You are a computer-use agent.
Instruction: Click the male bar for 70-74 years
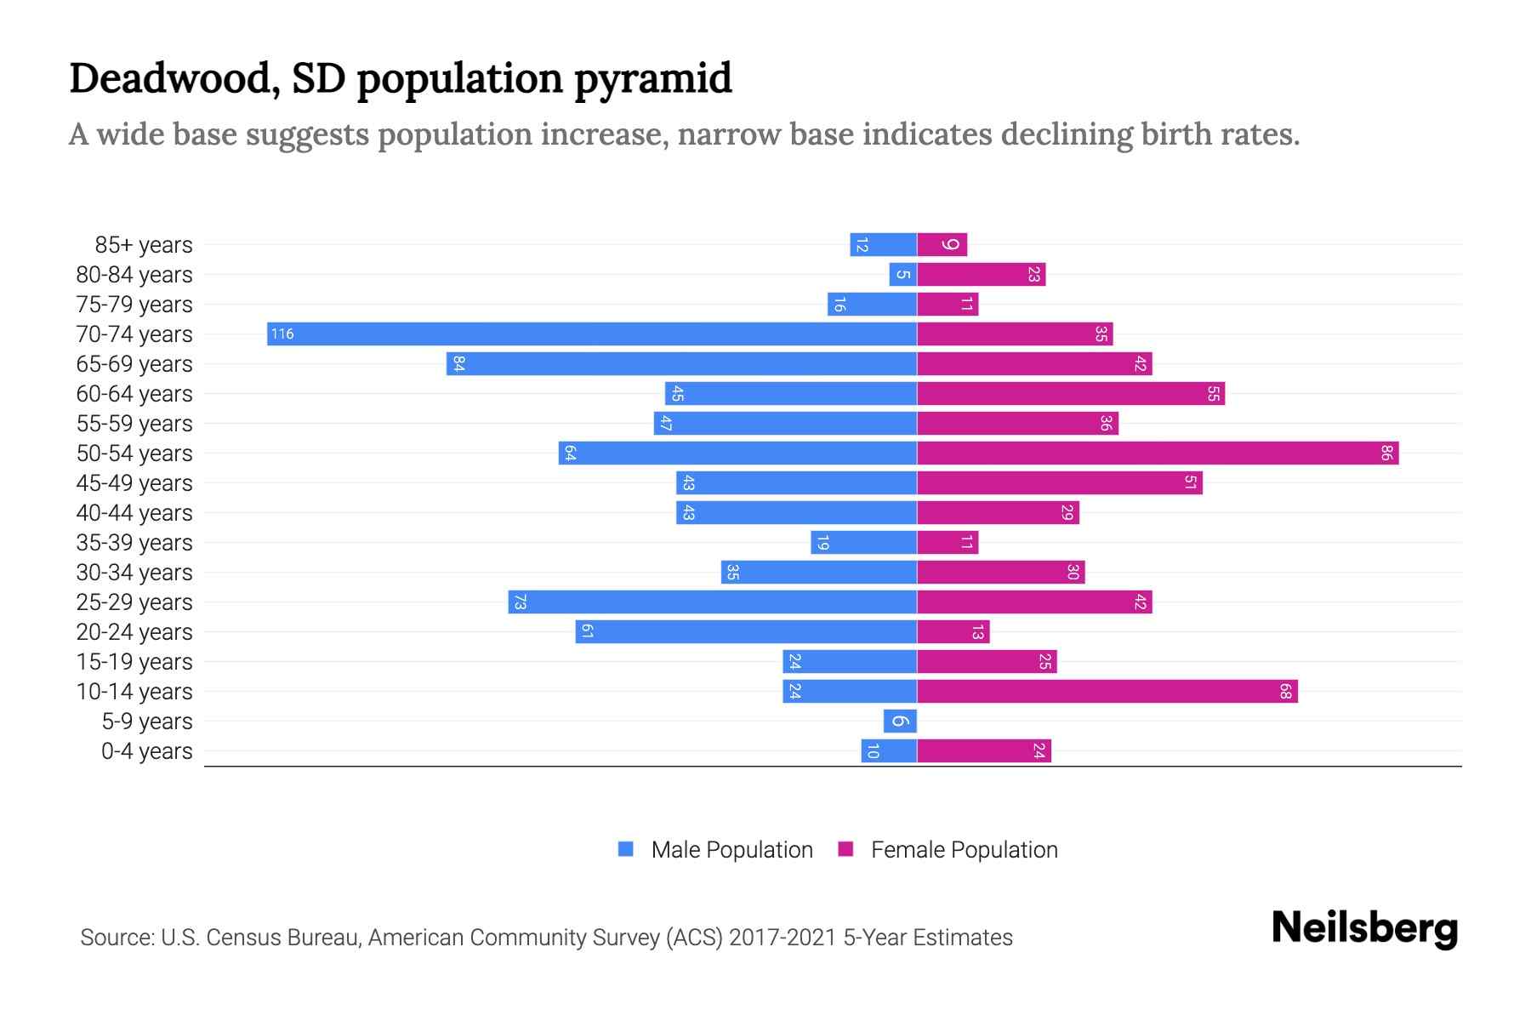point(592,334)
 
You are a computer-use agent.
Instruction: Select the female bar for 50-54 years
point(1158,453)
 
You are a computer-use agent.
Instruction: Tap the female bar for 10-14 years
point(1107,691)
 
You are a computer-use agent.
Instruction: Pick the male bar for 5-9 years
point(900,721)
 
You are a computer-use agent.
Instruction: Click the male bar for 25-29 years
point(713,602)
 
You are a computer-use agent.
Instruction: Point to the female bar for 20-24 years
point(953,631)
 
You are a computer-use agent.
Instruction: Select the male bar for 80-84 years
point(902,274)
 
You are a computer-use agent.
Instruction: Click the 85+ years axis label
point(143,245)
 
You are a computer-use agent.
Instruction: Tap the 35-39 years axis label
point(134,543)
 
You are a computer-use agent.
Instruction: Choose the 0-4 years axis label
point(146,751)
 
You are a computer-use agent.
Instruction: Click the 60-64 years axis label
point(134,394)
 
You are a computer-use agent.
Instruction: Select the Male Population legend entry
point(715,849)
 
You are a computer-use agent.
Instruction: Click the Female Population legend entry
point(948,849)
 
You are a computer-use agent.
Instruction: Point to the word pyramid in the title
point(652,78)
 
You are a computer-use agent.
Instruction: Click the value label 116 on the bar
point(282,334)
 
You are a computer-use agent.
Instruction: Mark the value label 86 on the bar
point(1386,453)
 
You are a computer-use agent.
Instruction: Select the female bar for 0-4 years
point(984,750)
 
